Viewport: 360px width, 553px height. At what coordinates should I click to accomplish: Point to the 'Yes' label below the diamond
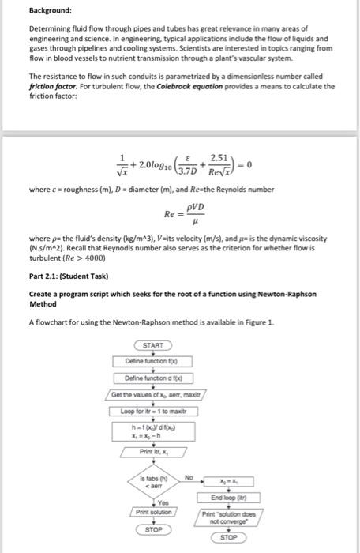coord(163,503)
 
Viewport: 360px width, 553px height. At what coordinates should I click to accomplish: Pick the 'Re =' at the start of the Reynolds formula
coord(170,214)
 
